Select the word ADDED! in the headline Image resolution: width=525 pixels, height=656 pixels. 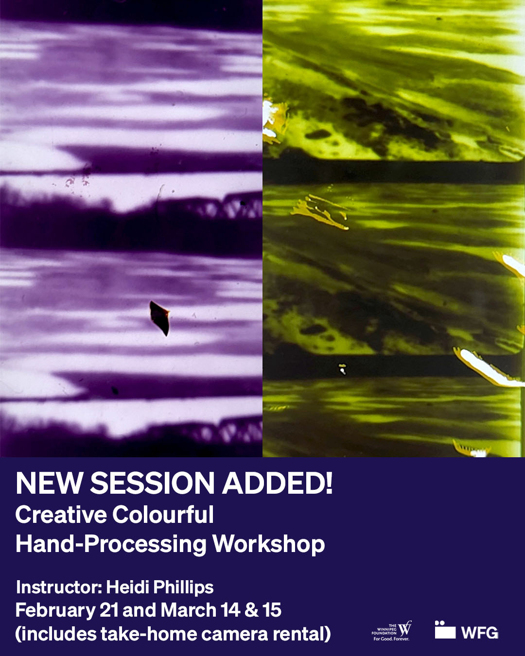(x=278, y=483)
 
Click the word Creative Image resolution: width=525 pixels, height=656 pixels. (x=61, y=515)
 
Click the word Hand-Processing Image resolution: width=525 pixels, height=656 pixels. (x=111, y=544)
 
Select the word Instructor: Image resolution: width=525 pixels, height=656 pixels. (x=59, y=587)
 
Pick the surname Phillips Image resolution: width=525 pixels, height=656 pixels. (x=183, y=587)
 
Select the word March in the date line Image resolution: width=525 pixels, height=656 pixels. (x=188, y=610)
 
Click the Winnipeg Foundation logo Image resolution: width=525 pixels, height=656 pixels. (x=392, y=631)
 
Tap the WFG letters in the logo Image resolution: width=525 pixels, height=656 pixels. (x=480, y=633)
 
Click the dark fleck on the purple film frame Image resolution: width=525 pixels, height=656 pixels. (x=159, y=318)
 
